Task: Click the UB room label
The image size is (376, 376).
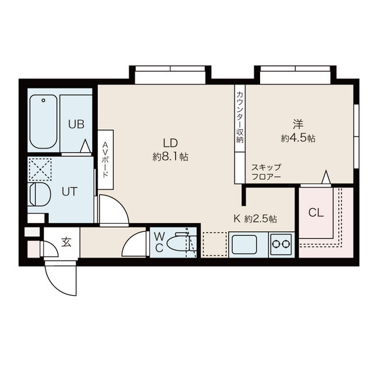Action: click(x=76, y=124)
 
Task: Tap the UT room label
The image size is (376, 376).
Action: click(x=70, y=192)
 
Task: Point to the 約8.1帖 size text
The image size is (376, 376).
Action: click(x=170, y=157)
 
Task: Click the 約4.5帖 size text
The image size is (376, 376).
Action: click(x=298, y=138)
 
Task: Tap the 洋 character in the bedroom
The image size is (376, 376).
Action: click(x=298, y=124)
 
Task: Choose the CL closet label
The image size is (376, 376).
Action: click(x=316, y=212)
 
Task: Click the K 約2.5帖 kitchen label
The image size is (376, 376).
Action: click(x=255, y=219)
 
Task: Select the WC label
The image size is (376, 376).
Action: click(x=159, y=243)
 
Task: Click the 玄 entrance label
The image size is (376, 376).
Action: click(x=66, y=242)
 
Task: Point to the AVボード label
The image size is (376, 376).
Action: click(x=105, y=160)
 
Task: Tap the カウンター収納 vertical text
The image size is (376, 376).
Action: click(x=240, y=118)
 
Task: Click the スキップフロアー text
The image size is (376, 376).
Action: click(x=266, y=172)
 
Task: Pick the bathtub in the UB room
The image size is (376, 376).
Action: click(x=43, y=122)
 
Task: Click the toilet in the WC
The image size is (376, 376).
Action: click(x=182, y=242)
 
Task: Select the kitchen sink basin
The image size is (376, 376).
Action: click(x=244, y=244)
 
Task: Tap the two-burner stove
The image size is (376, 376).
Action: click(x=281, y=244)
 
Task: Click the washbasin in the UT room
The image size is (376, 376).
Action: click(x=38, y=194)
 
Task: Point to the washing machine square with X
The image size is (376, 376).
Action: click(x=40, y=169)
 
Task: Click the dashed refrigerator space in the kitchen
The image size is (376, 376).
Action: click(x=215, y=244)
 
